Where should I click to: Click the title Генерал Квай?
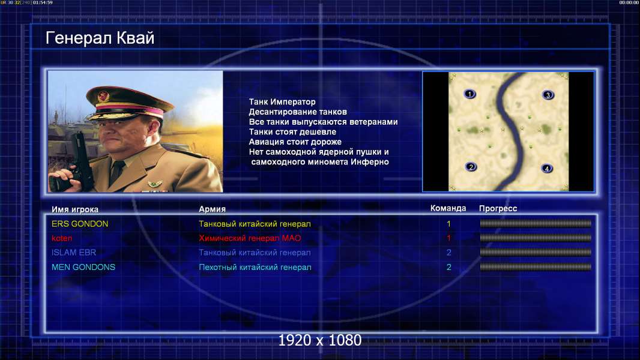point(100,38)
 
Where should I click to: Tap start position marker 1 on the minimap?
point(470,94)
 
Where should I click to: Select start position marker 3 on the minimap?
point(548,95)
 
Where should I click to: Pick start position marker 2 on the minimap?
point(471,167)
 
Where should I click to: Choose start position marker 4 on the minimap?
point(547,168)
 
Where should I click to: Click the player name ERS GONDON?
point(80,224)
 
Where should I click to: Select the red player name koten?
point(62,238)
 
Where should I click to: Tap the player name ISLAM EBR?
point(74,253)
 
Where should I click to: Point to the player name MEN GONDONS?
point(83,267)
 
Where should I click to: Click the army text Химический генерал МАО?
point(250,238)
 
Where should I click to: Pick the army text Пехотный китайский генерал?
point(255,268)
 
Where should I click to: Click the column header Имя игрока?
point(75,209)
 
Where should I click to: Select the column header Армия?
point(213,209)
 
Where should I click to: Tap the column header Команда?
point(448,208)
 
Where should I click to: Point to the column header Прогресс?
point(498,209)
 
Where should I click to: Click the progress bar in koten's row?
point(536,238)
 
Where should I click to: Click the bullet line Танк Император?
point(282,102)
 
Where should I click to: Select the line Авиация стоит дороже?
point(295,142)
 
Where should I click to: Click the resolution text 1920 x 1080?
point(320,340)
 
